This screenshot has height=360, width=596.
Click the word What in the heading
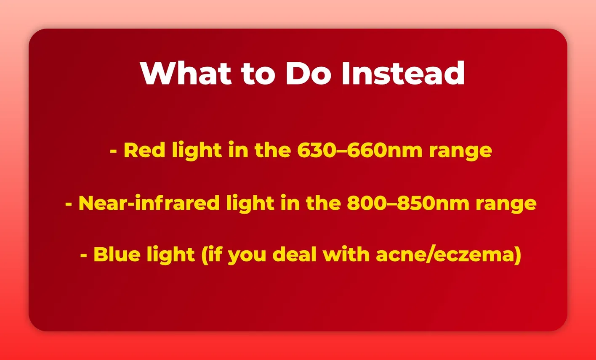(186, 74)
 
